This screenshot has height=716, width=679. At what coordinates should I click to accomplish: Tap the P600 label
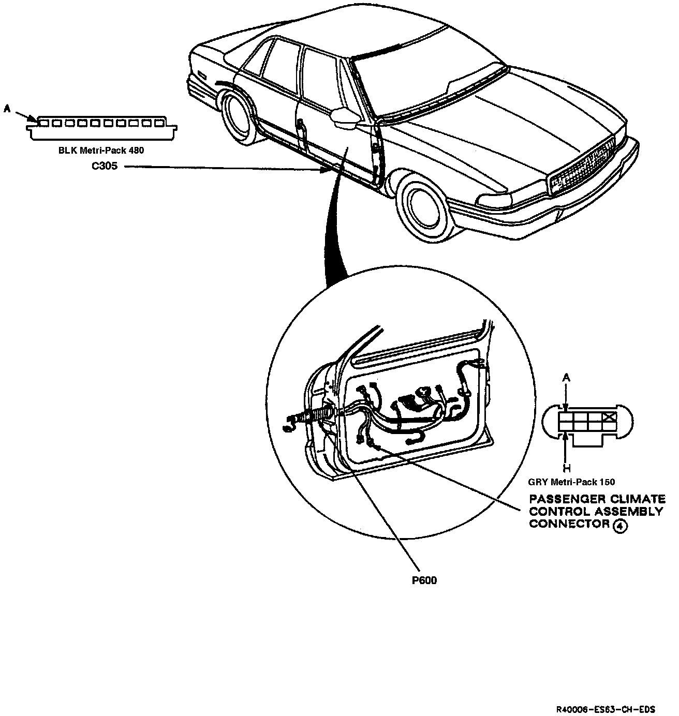click(x=424, y=580)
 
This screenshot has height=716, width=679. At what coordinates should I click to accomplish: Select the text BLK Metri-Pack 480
click(x=101, y=151)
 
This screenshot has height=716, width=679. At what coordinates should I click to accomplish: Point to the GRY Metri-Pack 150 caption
click(x=571, y=482)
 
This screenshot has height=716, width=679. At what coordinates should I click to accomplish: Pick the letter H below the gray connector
click(x=567, y=469)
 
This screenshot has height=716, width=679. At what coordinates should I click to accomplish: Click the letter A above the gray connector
click(x=567, y=379)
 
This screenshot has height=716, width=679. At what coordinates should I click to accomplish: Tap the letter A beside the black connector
click(x=7, y=108)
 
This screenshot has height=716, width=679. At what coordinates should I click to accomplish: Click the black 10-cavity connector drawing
click(x=100, y=127)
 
